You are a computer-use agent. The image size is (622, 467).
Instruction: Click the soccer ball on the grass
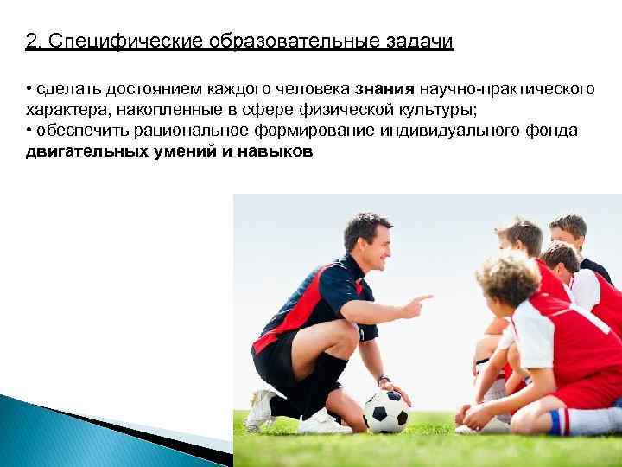point(386,411)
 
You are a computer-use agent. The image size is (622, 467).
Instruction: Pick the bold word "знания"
point(386,89)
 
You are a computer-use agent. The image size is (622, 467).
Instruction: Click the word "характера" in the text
point(62,110)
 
